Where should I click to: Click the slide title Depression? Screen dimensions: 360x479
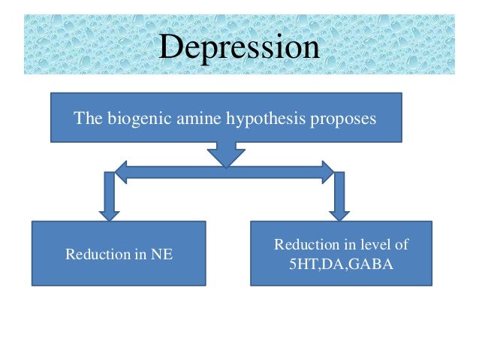[x=239, y=47]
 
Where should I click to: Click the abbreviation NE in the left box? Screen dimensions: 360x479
[x=164, y=254]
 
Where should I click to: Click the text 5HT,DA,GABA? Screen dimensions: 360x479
[x=342, y=265]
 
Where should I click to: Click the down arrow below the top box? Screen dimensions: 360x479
[x=221, y=154]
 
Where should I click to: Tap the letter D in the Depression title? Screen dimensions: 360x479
[x=170, y=47]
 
